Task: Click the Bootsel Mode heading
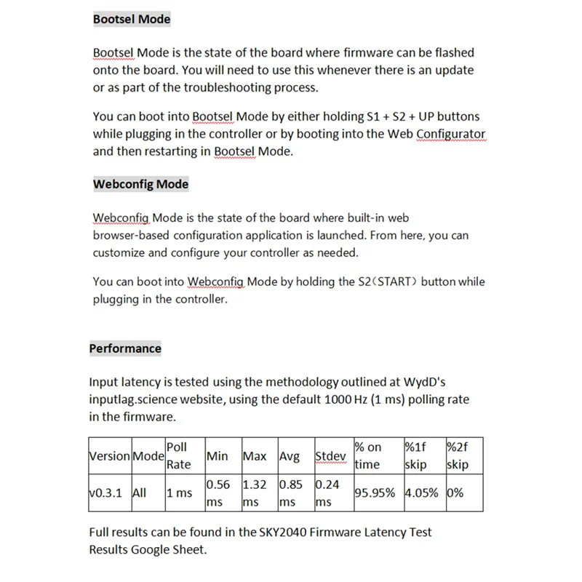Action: pyautogui.click(x=132, y=20)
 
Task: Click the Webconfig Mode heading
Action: pyautogui.click(x=140, y=184)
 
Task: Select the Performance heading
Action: pyautogui.click(x=125, y=348)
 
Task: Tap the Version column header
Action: pyautogui.click(x=108, y=456)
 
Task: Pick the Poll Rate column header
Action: pyautogui.click(x=179, y=455)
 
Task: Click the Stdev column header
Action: pyautogui.click(x=330, y=456)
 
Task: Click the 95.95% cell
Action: pyautogui.click(x=375, y=493)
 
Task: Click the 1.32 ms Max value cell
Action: pyautogui.click(x=255, y=493)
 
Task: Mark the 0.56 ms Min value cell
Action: pyautogui.click(x=219, y=493)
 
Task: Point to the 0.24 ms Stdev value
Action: pyautogui.click(x=327, y=493)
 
